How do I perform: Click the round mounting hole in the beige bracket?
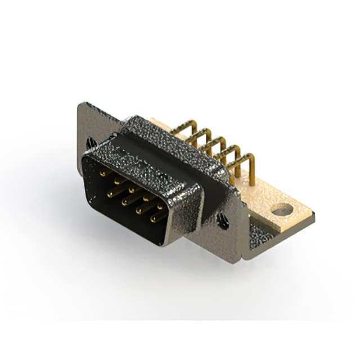tap(282, 211)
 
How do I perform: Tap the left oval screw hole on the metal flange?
tap(91, 143)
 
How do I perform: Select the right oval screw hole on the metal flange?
tap(223, 222)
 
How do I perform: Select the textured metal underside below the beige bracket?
tap(260, 236)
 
